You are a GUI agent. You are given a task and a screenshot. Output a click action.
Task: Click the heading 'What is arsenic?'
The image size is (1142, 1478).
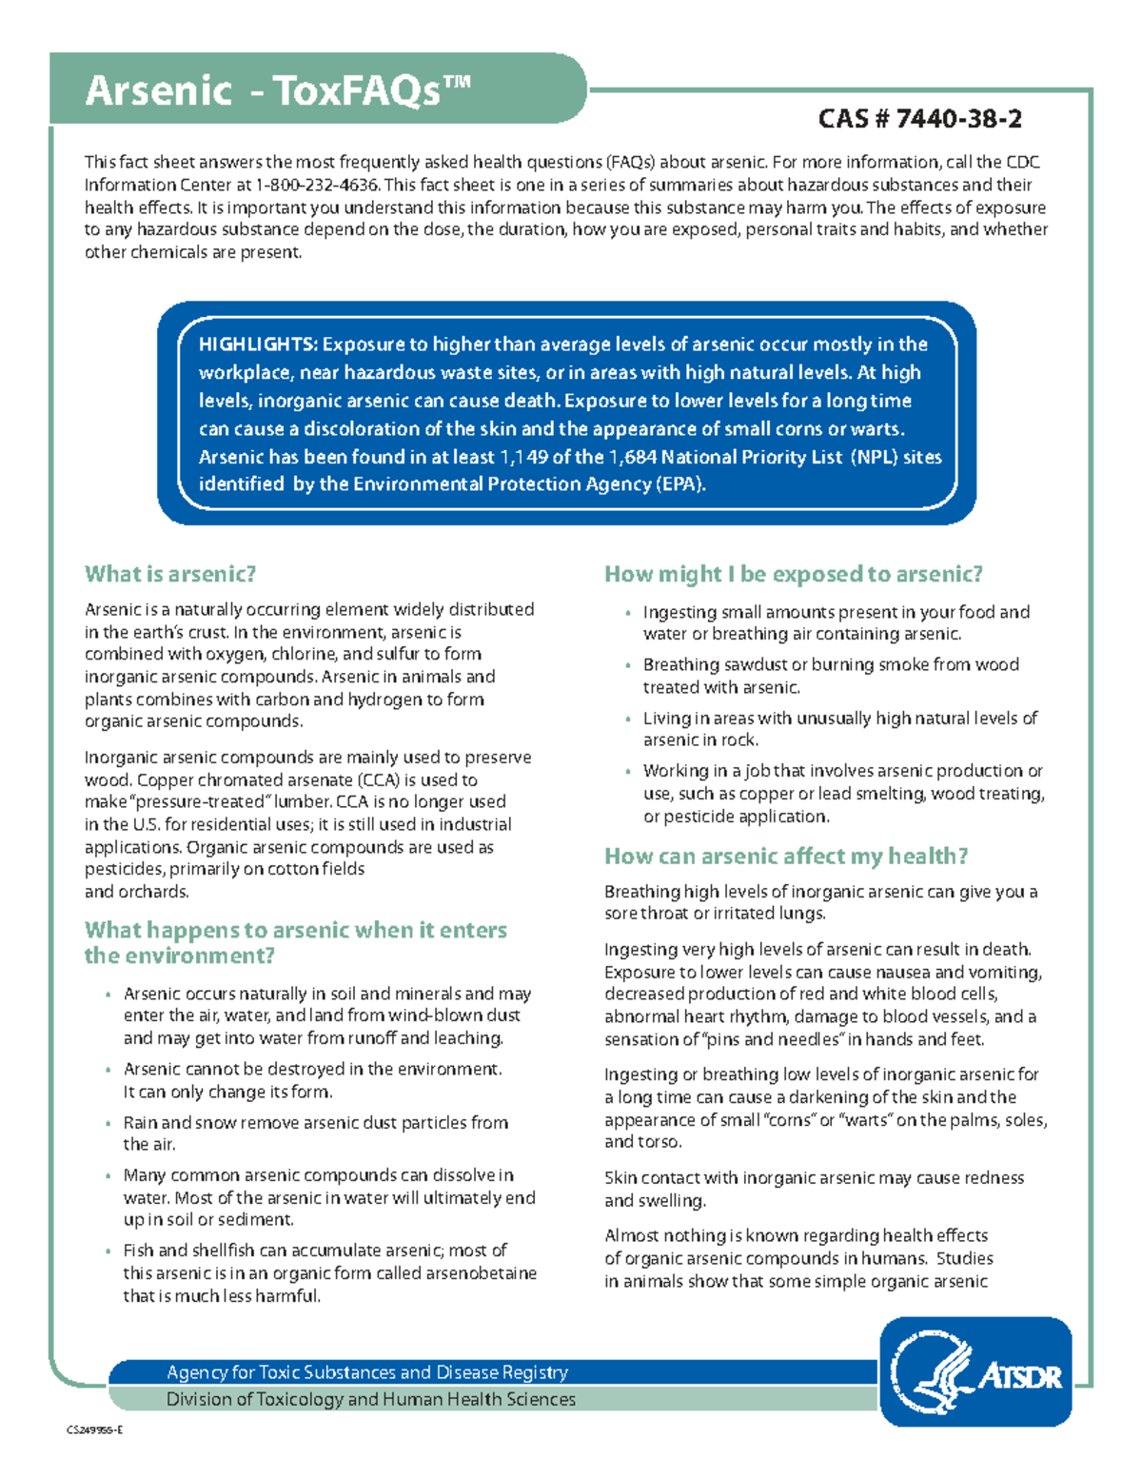[170, 574]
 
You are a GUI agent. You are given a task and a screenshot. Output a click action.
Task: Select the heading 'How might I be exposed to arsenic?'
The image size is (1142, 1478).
[794, 574]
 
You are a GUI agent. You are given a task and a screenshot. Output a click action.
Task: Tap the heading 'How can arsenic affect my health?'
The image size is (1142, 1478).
[786, 857]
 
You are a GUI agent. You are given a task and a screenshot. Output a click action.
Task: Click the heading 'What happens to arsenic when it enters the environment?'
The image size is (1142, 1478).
[295, 942]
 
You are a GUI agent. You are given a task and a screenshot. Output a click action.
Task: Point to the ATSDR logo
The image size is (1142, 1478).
[975, 1371]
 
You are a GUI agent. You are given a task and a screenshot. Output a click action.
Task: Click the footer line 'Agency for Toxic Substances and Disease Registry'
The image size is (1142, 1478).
[367, 1372]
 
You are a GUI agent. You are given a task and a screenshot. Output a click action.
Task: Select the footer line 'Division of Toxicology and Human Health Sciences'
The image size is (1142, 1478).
[371, 1399]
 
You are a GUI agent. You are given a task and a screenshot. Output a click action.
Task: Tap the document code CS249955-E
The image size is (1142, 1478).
[94, 1429]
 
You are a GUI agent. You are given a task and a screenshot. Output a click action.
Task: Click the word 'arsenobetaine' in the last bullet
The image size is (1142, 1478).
[482, 1273]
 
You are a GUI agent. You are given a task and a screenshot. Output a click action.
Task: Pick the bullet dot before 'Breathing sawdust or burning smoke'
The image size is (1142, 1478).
[628, 666]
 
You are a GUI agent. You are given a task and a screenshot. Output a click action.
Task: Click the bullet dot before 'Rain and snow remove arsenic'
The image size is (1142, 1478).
[108, 1124]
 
